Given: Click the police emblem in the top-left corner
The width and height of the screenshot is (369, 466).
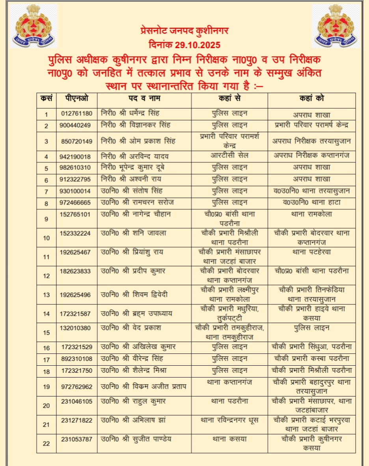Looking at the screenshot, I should tap(34, 26).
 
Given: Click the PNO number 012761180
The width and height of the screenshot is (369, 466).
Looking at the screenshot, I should tap(76, 114).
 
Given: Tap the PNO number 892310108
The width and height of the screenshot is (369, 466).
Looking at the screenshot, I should tap(76, 359).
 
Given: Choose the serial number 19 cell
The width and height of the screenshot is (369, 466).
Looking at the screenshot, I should tap(47, 387).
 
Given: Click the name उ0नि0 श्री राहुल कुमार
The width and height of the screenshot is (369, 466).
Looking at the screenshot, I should tap(132, 401).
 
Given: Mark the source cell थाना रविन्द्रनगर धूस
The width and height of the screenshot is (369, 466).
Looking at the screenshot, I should tap(229, 420).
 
